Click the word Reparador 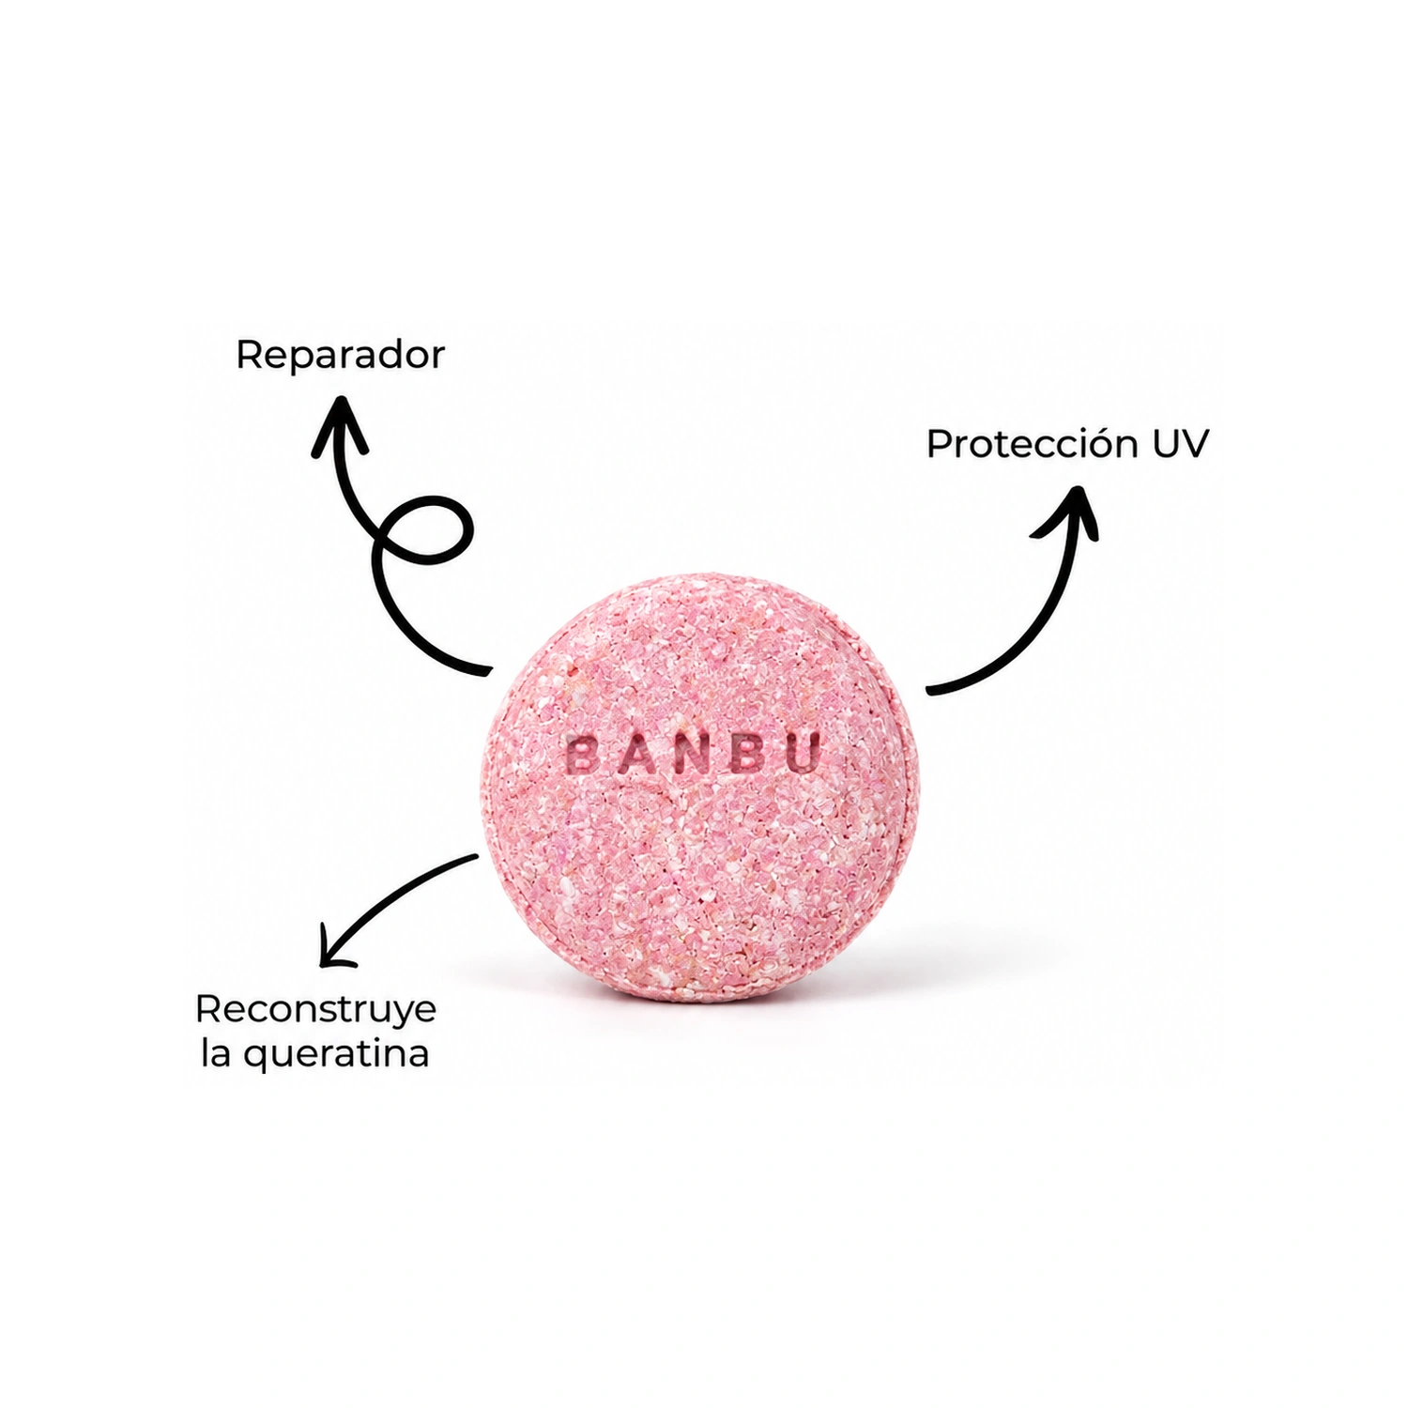coord(340,355)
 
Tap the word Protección coord(1030,444)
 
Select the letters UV coord(1180,445)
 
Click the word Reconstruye coord(315,1011)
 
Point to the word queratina coord(336,1054)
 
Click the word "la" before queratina coord(216,1052)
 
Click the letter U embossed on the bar coord(803,752)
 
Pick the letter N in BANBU coord(694,754)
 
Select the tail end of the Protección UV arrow coord(929,691)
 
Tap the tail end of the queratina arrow coord(475,856)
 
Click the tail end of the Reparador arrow coord(488,671)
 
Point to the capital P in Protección coord(940,445)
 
